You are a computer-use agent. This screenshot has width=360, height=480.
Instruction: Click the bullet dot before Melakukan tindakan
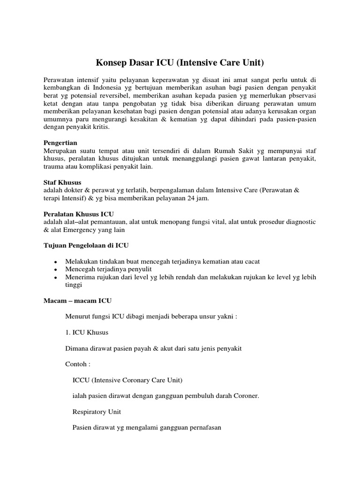[56, 261]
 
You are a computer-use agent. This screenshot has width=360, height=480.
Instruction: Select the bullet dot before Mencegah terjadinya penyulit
[56, 269]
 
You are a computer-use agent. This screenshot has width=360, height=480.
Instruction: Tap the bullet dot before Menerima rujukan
[56, 277]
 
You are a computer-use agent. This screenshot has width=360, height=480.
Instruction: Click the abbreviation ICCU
[82, 380]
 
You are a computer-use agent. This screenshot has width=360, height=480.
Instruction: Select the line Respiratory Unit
[97, 412]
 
